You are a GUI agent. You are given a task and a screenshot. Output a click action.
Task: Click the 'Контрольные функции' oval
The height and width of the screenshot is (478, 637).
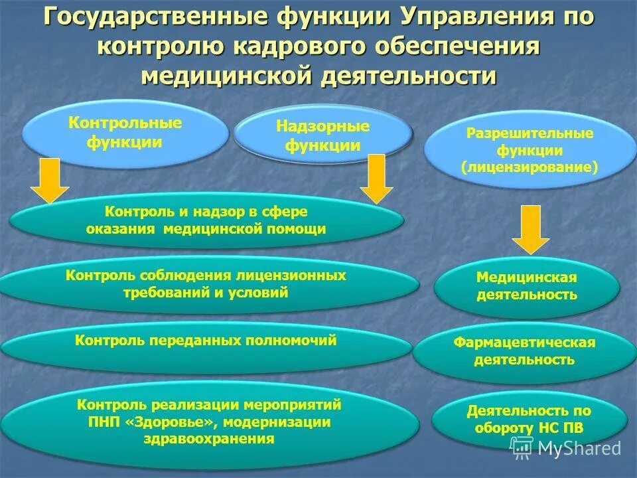point(125,133)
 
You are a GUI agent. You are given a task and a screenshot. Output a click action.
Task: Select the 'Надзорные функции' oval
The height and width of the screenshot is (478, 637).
point(322,136)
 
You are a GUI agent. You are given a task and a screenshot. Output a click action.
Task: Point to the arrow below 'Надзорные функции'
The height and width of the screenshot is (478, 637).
point(377,179)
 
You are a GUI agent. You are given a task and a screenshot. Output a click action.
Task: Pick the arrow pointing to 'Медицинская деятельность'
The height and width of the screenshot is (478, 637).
point(530,230)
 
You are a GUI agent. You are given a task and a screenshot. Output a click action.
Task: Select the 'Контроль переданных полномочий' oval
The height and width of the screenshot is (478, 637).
point(206,341)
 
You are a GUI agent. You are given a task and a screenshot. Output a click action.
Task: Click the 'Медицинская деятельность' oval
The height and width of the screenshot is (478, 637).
point(527,286)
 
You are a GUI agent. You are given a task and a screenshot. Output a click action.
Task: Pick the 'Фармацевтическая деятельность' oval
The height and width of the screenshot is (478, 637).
point(524,351)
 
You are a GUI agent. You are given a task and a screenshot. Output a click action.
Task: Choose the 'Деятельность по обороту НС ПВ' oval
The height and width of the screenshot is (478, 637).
point(529,420)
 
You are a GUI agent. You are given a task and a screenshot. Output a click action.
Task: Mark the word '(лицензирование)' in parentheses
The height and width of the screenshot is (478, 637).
point(530,168)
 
